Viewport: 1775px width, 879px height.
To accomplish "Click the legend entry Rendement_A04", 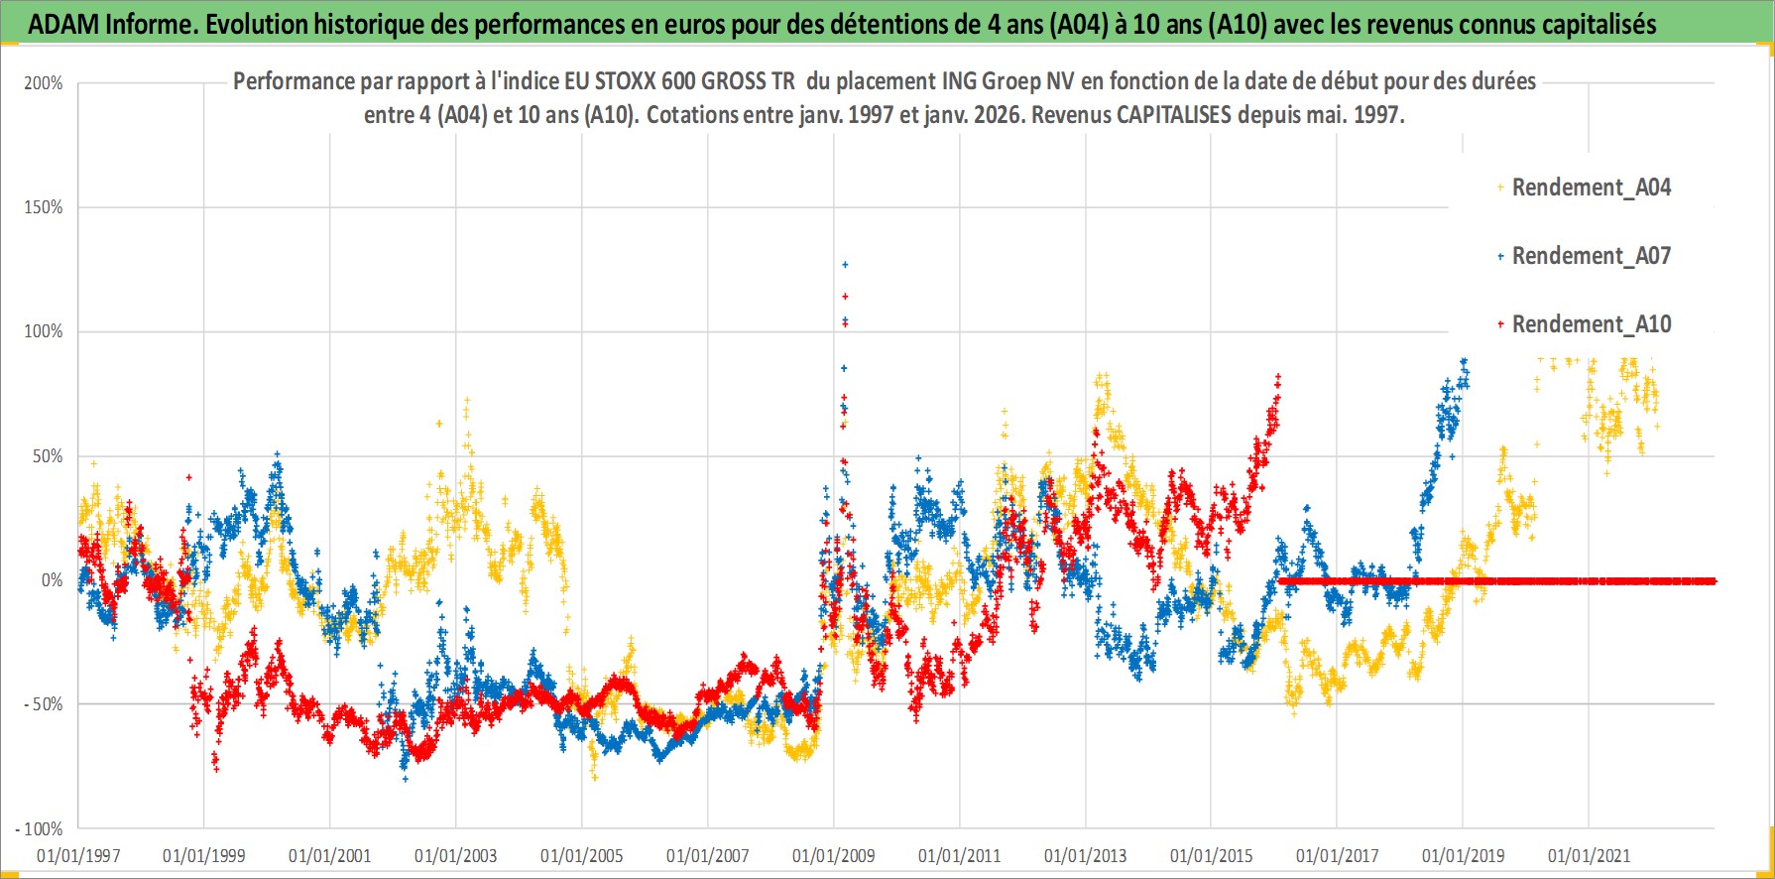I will tap(1591, 188).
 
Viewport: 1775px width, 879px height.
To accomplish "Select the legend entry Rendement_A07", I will tap(1591, 256).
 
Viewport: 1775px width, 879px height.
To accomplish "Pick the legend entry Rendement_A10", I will tap(1591, 324).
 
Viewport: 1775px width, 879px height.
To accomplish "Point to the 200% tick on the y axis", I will tap(44, 83).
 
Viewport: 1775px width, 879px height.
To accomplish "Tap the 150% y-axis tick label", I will tap(44, 207).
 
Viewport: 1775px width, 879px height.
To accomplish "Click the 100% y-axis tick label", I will tap(44, 331).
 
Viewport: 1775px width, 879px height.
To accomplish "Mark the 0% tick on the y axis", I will tap(52, 580).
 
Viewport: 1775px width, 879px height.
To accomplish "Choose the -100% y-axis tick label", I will tap(40, 828).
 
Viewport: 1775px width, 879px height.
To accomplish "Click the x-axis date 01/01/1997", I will tap(78, 855).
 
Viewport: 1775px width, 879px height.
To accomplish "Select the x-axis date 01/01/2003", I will tap(456, 855).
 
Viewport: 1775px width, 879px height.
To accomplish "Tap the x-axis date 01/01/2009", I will tap(834, 855).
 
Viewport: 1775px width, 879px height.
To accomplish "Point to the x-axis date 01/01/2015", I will tap(1212, 855).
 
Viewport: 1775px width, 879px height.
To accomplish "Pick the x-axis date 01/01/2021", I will tap(1590, 855).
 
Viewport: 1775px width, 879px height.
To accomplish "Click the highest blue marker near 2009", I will tap(845, 265).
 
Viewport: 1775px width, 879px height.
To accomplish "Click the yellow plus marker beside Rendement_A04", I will tap(1500, 188).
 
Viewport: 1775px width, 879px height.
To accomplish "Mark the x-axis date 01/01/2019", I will tap(1464, 855).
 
